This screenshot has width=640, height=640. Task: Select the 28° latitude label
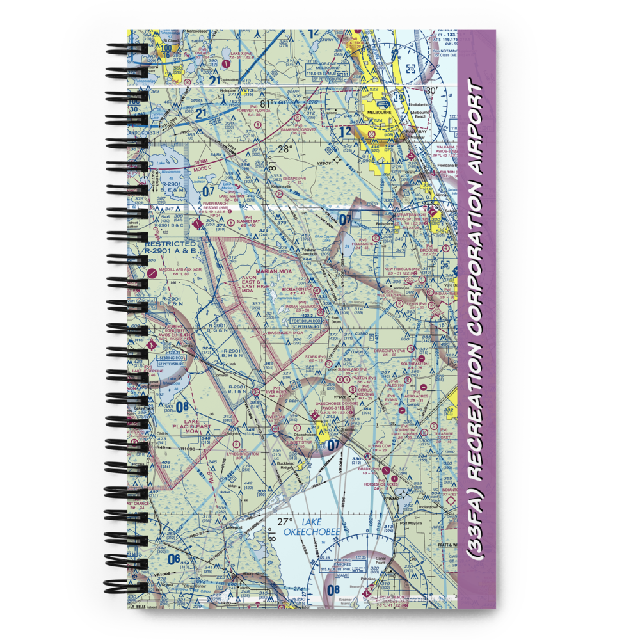click(x=285, y=149)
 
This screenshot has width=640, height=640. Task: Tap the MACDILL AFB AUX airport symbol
click(x=151, y=273)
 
